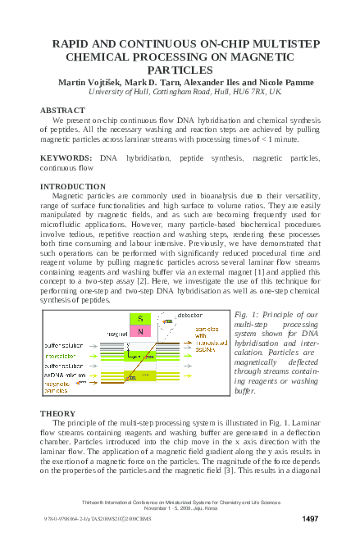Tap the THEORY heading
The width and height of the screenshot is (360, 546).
tap(57, 412)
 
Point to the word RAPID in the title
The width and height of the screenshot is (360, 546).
tap(75, 47)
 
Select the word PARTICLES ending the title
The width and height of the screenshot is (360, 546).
tap(180, 71)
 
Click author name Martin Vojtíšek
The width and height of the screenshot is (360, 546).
tap(86, 83)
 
